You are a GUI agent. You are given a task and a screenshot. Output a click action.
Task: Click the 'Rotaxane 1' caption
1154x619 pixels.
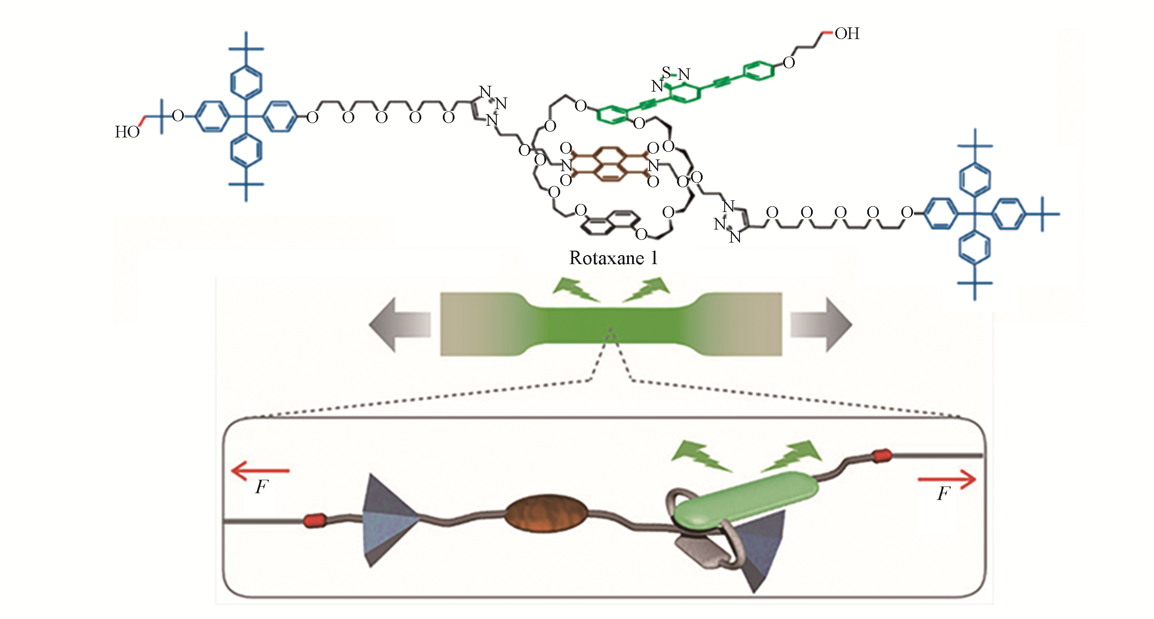point(613,258)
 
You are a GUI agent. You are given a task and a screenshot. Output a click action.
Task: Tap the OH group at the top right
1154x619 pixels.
point(847,34)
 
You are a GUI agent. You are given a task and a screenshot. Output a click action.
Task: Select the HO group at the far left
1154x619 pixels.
point(127,132)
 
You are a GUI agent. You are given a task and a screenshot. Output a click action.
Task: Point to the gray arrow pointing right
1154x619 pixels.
point(821,324)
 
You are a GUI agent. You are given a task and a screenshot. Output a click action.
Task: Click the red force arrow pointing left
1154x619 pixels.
point(260,471)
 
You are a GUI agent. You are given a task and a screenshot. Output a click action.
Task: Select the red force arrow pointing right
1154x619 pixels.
point(947,479)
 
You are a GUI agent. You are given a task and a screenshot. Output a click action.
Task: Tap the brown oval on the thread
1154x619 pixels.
point(546,514)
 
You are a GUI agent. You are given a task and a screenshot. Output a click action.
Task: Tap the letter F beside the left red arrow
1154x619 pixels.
point(261,487)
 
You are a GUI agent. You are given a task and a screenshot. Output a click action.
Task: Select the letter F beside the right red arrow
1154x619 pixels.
point(943,494)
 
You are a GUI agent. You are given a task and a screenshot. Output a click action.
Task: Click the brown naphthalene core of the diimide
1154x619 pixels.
point(609,164)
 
